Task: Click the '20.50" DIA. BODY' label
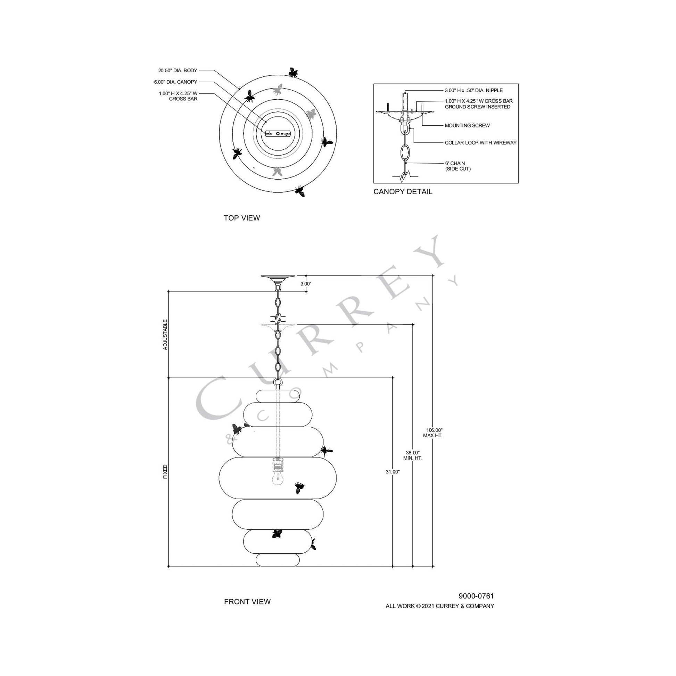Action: [x=178, y=71]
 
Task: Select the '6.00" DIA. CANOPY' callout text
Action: [x=176, y=82]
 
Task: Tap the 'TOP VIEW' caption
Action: [x=242, y=218]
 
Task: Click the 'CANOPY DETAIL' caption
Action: [x=403, y=192]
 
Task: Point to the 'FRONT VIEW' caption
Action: [x=247, y=601]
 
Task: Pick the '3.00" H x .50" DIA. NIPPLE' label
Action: [x=474, y=90]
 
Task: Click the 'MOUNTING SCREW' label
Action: [x=467, y=125]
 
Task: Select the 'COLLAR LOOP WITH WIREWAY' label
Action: [x=480, y=143]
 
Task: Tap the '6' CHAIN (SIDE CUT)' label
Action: [x=457, y=166]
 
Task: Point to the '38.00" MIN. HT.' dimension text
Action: [x=413, y=455]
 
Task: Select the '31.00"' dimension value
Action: [x=393, y=472]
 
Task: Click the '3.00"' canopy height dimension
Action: [x=306, y=284]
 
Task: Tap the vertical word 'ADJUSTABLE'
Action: [x=165, y=335]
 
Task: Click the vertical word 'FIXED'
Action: [x=165, y=472]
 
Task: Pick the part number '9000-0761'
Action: [x=476, y=596]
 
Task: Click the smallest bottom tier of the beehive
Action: [x=278, y=560]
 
